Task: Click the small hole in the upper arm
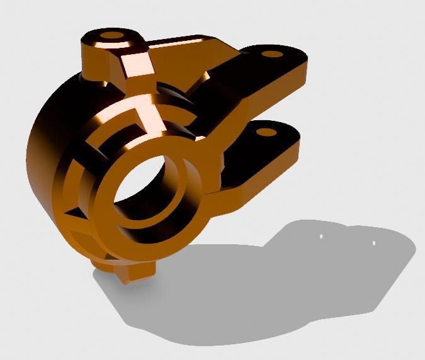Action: pyautogui.click(x=273, y=54)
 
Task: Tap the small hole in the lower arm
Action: pyautogui.click(x=266, y=133)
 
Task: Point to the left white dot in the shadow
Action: pyautogui.click(x=320, y=237)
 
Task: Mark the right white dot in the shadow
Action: pyautogui.click(x=374, y=242)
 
